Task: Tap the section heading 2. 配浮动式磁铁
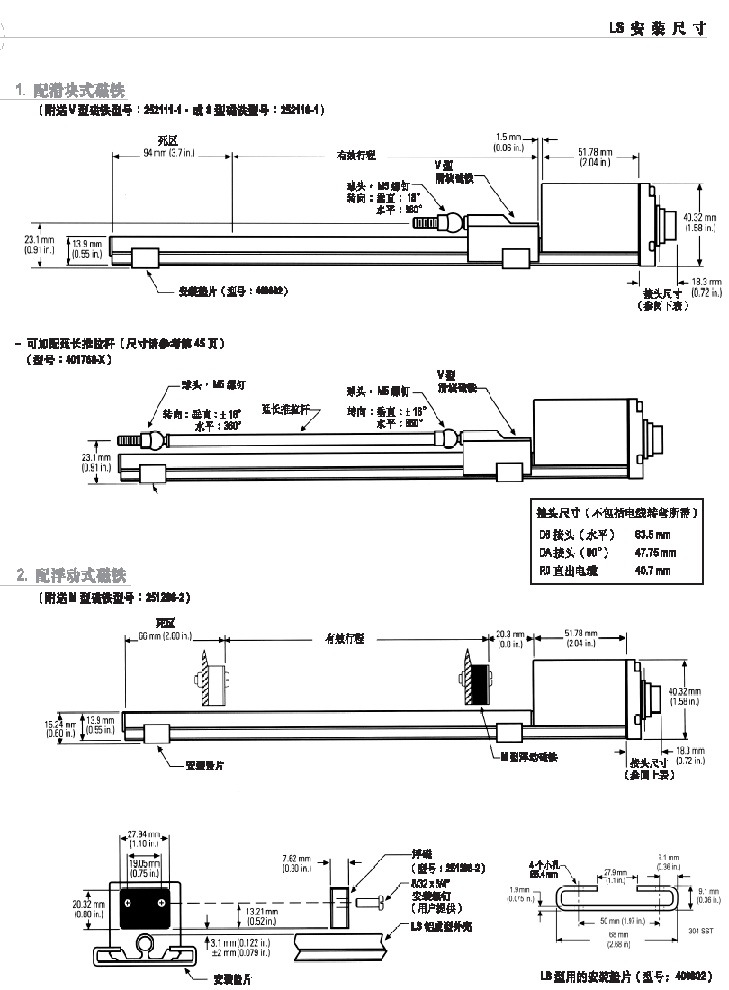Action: click(72, 574)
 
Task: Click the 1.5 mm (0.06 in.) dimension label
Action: click(508, 142)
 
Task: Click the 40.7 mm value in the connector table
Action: click(652, 571)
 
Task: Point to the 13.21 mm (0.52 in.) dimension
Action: click(262, 915)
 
